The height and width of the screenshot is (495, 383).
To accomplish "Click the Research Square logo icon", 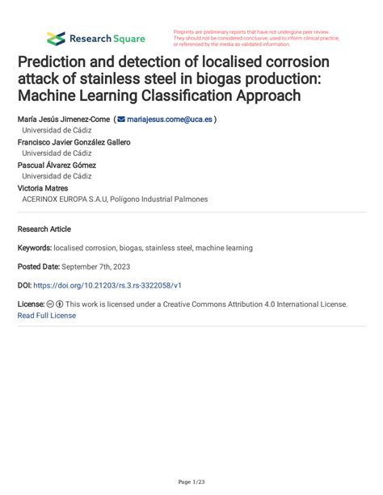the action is click(56, 38).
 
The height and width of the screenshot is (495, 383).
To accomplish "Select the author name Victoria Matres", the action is click(42, 187).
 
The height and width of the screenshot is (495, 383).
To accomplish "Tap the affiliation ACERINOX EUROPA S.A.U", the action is click(73, 199).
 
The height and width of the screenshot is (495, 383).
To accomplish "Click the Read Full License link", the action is click(46, 316).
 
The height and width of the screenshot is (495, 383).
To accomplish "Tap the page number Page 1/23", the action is click(191, 482).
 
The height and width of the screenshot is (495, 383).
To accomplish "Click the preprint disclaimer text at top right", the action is click(255, 38).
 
